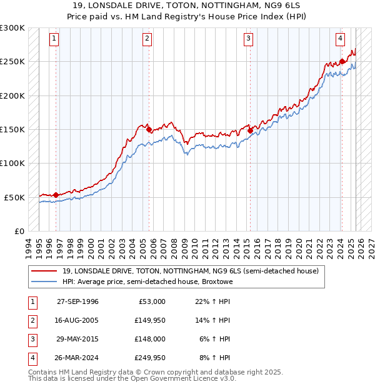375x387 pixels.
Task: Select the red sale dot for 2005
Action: pyautogui.click(x=149, y=130)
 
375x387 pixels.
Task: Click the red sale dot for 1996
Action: pyautogui.click(x=56, y=195)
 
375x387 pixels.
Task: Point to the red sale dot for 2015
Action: pyautogui.click(x=250, y=131)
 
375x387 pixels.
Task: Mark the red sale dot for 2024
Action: pyautogui.click(x=342, y=62)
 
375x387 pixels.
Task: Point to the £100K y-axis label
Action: pyautogui.click(x=12, y=163)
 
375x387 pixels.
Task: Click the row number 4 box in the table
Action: pyautogui.click(x=31, y=358)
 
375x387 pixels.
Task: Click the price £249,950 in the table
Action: pyautogui.click(x=150, y=358)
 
